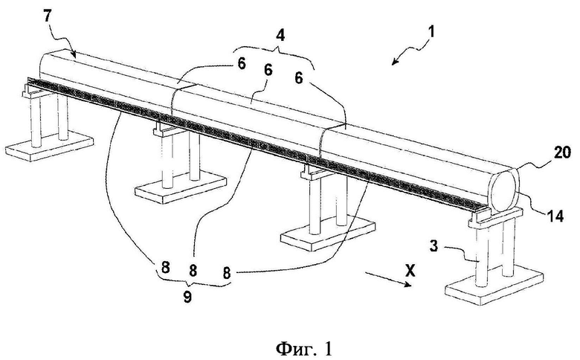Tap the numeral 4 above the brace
pos(281,36)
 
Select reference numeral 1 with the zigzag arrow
pos(431,32)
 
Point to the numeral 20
pos(561,152)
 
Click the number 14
pos(555,216)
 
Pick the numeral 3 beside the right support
pos(434,246)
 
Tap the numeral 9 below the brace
pos(187,297)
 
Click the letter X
pos(409,272)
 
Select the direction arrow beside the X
pos(388,279)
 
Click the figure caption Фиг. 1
pos(304,348)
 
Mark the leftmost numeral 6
pos(241,64)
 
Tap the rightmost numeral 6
pos(299,77)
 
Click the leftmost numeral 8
pos(165,266)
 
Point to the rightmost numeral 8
pos(227,273)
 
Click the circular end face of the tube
pos(504,190)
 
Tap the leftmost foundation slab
pos(49,144)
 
